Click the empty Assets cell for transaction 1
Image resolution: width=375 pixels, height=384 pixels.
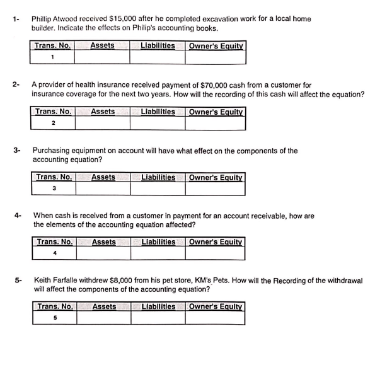pos(101,57)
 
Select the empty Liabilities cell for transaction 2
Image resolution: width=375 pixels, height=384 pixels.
pos(158,123)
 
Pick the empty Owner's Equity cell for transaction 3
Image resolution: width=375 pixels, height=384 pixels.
pos(216,188)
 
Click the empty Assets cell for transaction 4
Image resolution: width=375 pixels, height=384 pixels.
pos(103,253)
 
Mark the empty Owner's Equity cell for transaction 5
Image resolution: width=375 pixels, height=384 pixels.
pos(216,318)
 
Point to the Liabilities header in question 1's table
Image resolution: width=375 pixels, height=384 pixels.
pos(158,45)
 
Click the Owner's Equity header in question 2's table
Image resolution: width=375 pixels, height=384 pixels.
pos(216,112)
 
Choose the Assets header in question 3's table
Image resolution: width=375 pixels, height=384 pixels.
pos(103,177)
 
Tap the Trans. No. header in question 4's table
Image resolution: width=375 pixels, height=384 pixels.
pos(55,241)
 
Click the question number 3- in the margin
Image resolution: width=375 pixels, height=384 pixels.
pos(18,151)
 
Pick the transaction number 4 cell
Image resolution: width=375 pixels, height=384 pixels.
pos(55,253)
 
